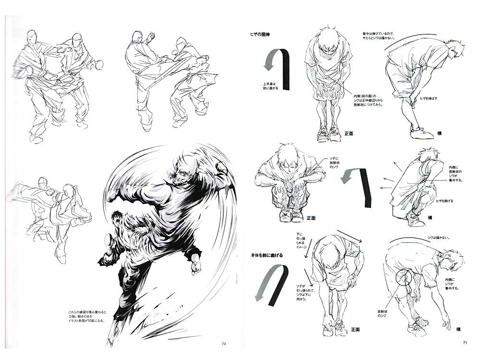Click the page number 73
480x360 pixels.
(223, 343)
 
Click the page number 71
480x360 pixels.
(465, 342)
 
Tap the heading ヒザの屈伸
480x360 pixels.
(262, 34)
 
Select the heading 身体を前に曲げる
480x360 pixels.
(265, 255)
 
